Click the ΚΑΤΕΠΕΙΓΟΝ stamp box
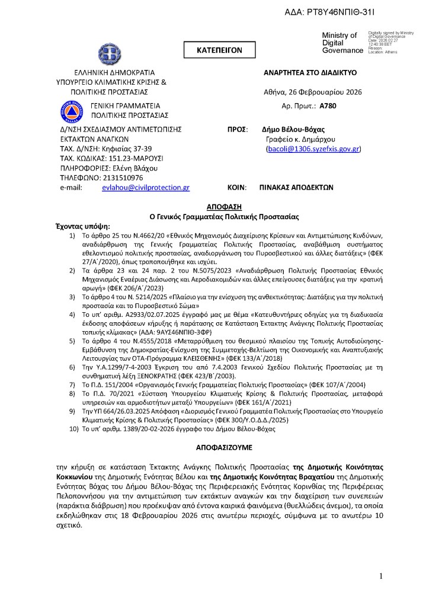(x=219, y=51)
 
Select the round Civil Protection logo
(x=70, y=109)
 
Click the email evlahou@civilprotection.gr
(x=146, y=187)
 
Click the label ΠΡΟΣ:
(x=237, y=129)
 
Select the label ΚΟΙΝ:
(x=237, y=187)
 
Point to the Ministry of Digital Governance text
(x=341, y=43)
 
